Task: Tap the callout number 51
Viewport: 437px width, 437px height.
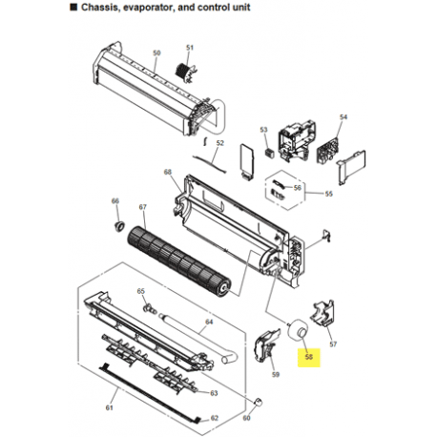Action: [x=189, y=48]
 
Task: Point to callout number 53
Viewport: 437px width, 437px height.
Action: [x=264, y=130]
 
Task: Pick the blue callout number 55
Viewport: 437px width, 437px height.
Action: [x=328, y=195]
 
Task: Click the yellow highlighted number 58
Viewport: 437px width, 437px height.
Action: [x=309, y=359]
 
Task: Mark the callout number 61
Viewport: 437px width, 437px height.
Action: [x=109, y=407]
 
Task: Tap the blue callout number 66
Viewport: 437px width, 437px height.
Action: [x=115, y=200]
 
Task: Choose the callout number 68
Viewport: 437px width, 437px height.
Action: [x=168, y=173]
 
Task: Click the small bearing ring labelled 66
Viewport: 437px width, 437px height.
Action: [x=121, y=226]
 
